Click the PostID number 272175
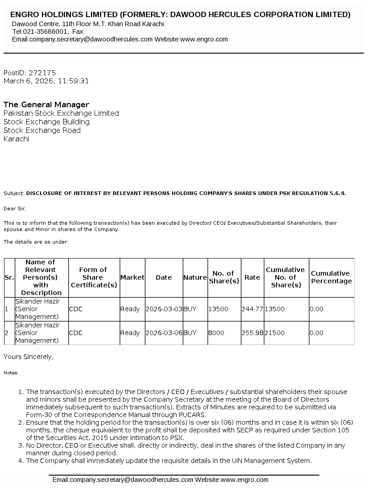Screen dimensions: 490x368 pyautogui.click(x=42, y=73)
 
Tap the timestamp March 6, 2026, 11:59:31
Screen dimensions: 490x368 pyautogui.click(x=46, y=81)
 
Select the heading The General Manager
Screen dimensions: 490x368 pyautogui.click(x=46, y=104)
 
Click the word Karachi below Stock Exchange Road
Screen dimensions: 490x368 pyautogui.click(x=16, y=139)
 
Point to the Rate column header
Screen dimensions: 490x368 pyautogui.click(x=252, y=277)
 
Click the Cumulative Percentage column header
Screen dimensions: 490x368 pyautogui.click(x=331, y=277)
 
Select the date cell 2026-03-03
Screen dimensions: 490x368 pyautogui.click(x=164, y=309)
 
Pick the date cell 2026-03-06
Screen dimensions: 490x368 pyautogui.click(x=164, y=333)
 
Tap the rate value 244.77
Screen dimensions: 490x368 pyautogui.click(x=252, y=309)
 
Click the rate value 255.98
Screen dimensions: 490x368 pyautogui.click(x=252, y=333)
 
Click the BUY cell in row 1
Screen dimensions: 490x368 pyautogui.click(x=190, y=309)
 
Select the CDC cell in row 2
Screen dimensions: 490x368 pyautogui.click(x=76, y=333)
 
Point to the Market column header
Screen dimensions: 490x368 pyautogui.click(x=132, y=277)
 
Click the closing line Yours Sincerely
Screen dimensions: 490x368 pyautogui.click(x=28, y=357)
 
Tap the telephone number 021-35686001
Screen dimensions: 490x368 pyautogui.click(x=46, y=32)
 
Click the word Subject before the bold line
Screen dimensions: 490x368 pyautogui.click(x=14, y=193)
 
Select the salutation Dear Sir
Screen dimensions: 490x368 pyautogui.click(x=15, y=209)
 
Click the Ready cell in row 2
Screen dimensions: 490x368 pyautogui.click(x=130, y=333)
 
